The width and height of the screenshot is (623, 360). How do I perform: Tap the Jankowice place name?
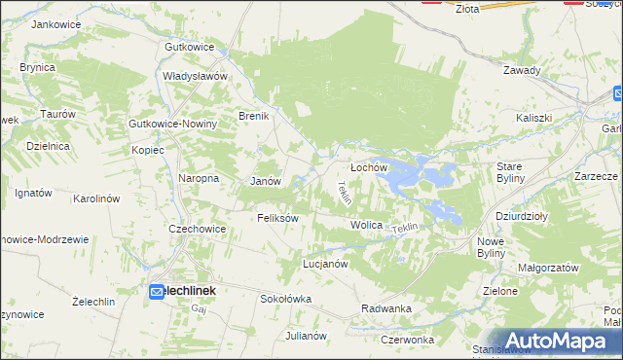click(x=55, y=23)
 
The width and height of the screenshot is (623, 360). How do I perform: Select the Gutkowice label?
click(x=189, y=47)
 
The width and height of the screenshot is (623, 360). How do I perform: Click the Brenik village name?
click(x=253, y=116)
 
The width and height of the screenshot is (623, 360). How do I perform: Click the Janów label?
click(x=266, y=182)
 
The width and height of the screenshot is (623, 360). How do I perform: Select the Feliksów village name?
click(x=276, y=218)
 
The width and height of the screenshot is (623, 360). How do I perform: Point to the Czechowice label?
click(x=198, y=229)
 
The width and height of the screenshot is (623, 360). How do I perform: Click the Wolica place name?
click(x=366, y=225)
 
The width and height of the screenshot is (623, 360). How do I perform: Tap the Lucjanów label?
click(x=325, y=264)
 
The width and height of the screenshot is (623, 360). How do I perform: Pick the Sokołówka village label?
click(x=285, y=299)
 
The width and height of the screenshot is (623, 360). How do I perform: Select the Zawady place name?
click(x=522, y=70)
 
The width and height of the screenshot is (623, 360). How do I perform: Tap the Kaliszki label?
click(x=534, y=118)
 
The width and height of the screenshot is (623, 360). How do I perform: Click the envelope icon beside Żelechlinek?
click(x=157, y=291)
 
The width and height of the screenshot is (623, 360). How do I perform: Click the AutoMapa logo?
click(x=557, y=341)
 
